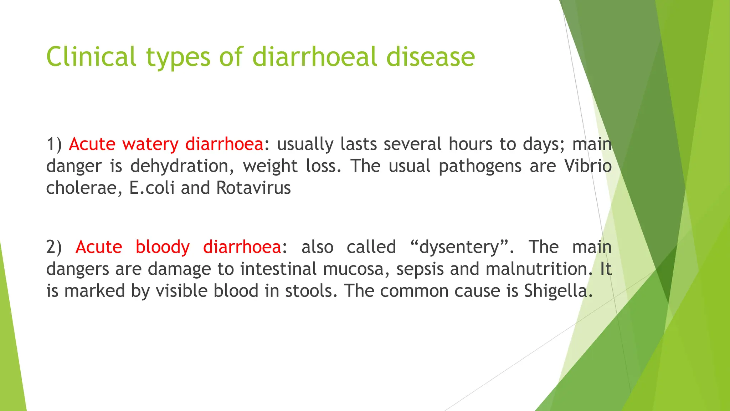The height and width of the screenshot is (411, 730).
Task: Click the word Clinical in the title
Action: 91,57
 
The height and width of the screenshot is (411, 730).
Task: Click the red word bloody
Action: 163,247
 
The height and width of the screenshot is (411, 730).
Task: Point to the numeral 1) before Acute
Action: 54,144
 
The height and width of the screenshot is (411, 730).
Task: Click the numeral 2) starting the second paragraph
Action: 54,247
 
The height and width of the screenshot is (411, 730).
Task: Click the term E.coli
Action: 152,188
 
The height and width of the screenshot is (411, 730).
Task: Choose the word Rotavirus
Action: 253,188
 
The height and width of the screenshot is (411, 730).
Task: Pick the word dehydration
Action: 182,166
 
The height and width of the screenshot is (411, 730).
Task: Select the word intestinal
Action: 278,269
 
